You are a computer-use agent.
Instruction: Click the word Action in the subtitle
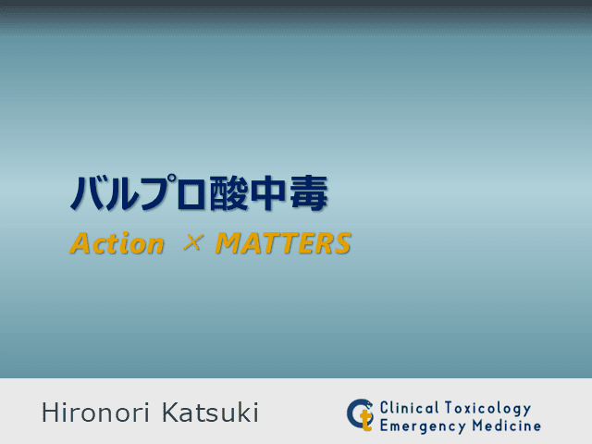(117, 244)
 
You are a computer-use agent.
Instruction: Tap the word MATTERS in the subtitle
(283, 244)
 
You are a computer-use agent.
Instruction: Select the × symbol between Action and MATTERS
(191, 244)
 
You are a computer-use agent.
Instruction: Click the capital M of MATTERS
(225, 244)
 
